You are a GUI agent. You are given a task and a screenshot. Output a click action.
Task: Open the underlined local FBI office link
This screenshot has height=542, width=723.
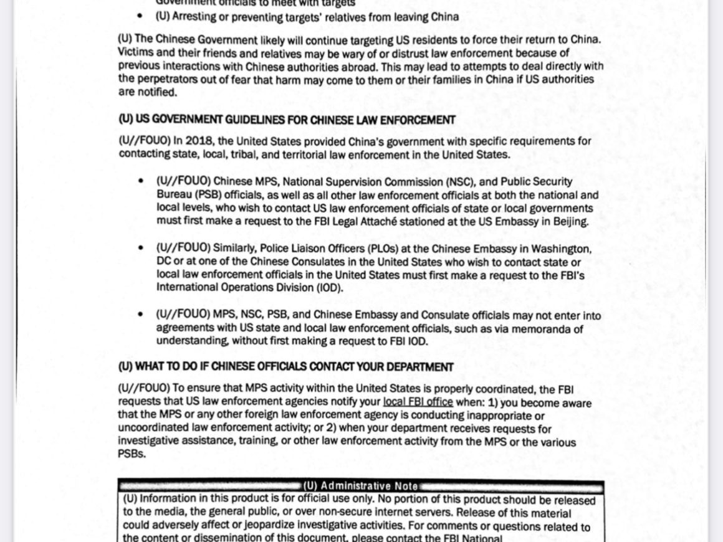pyautogui.click(x=418, y=402)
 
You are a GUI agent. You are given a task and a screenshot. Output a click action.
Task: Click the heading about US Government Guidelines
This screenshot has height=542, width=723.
pyautogui.click(x=287, y=120)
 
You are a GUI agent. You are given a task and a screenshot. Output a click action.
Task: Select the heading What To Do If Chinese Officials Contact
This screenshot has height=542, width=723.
pyautogui.click(x=285, y=367)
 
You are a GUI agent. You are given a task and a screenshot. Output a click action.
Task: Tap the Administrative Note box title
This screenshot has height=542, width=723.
pyautogui.click(x=361, y=486)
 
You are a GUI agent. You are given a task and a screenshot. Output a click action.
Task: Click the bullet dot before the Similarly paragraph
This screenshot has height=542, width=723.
pyautogui.click(x=141, y=249)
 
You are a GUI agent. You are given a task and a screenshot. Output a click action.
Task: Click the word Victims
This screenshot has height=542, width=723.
pyautogui.click(x=135, y=53)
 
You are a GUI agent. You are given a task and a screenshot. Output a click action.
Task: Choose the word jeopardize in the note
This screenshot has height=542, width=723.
pyautogui.click(x=199, y=526)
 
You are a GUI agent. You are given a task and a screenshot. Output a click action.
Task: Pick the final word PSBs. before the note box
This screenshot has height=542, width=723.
pyautogui.click(x=132, y=455)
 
